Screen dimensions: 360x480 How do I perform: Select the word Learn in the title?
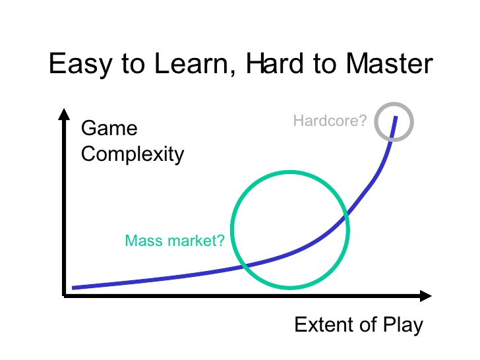point(192,64)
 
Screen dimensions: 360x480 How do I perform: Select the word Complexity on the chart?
point(132,154)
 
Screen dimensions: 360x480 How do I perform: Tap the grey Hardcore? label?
point(330,121)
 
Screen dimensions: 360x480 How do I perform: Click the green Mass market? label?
point(175,240)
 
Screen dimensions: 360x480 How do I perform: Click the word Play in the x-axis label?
point(402,324)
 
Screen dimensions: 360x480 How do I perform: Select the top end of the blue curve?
point(396,117)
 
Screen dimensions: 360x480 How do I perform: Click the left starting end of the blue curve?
point(74,287)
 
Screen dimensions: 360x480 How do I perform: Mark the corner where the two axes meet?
point(64,295)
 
